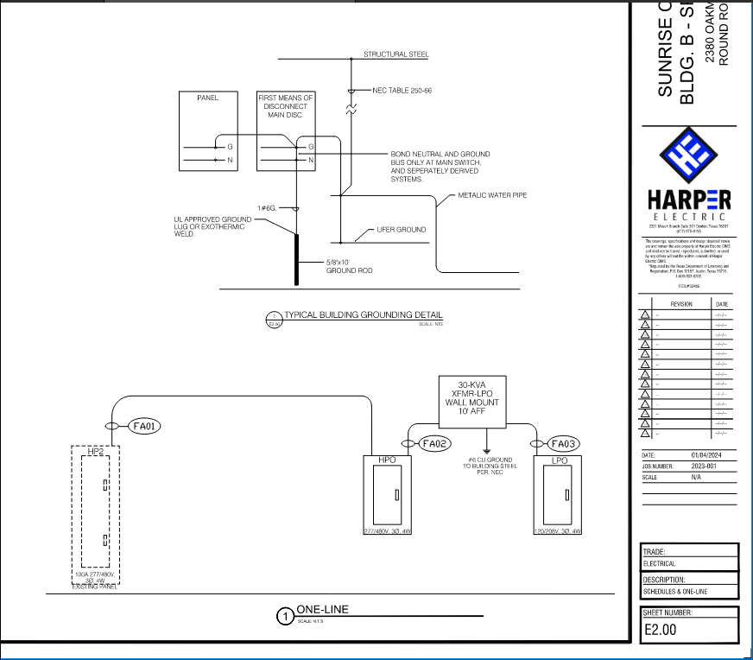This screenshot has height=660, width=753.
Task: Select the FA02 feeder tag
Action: click(435, 443)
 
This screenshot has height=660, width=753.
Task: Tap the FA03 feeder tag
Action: click(562, 444)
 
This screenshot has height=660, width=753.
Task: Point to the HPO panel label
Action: click(386, 460)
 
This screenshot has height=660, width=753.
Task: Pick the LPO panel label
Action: click(559, 460)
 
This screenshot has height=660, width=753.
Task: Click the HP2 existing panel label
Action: click(96, 451)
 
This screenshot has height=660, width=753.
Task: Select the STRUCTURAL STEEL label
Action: click(395, 54)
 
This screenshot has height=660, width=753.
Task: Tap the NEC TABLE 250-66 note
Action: click(402, 90)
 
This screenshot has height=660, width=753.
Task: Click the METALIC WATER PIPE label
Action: click(492, 195)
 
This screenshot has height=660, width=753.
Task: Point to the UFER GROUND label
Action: click(402, 230)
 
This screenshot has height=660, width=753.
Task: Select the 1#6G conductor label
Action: click(267, 208)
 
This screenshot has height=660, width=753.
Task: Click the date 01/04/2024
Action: click(706, 455)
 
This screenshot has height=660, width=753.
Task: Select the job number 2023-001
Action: click(705, 466)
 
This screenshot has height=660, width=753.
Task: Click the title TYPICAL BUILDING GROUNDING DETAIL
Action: click(363, 314)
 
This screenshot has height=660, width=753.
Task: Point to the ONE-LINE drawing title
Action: click(322, 609)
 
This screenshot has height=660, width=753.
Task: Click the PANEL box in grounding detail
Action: click(207, 130)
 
